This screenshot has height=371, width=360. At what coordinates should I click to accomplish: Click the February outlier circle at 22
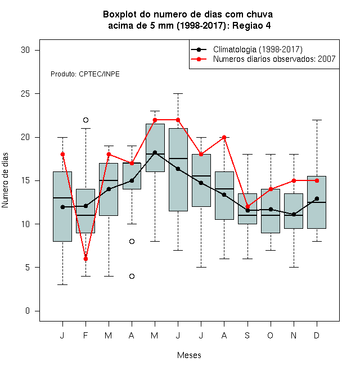85,120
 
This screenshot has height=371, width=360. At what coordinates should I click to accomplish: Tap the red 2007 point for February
85,259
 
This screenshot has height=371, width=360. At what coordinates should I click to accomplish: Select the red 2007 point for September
247,206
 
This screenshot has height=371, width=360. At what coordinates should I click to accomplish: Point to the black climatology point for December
317,198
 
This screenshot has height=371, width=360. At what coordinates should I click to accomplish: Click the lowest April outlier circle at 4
132,276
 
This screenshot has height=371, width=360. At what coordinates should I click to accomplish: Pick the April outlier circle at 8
132,241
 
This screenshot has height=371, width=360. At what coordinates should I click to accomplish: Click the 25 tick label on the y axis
25,94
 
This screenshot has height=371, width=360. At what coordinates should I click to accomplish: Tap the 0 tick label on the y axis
28,311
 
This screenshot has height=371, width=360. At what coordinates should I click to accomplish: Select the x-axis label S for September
247,335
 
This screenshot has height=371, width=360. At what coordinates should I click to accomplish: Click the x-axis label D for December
317,335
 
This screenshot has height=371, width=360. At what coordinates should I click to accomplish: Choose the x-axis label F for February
85,335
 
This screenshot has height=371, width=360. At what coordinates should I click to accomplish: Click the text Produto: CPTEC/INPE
85,74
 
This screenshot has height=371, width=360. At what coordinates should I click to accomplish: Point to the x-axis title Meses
189,355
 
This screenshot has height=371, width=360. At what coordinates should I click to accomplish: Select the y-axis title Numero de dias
5,180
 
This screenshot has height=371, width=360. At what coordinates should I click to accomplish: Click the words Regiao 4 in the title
251,25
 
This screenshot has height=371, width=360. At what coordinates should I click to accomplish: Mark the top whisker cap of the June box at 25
178,94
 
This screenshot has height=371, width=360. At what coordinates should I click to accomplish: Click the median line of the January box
62,197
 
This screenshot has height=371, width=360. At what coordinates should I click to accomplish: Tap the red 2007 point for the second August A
224,137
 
